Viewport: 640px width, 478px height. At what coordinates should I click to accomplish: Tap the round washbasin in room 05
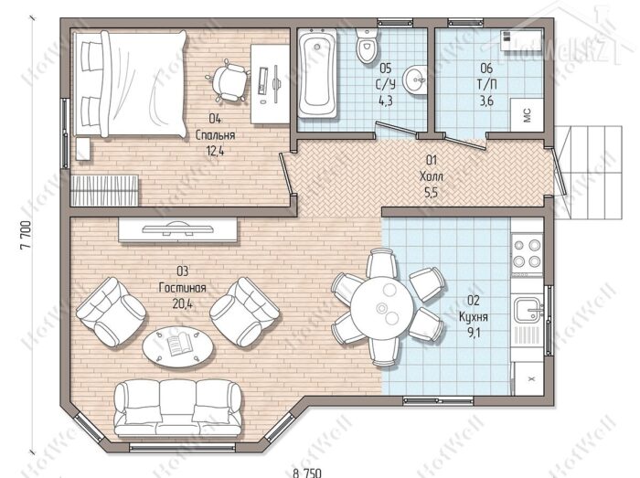pos(415,80)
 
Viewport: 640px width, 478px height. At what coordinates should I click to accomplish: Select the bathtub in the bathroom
pos(318,74)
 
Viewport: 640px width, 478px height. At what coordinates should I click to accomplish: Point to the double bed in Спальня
pos(130,83)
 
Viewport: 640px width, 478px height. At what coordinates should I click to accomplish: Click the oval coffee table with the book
pos(177,347)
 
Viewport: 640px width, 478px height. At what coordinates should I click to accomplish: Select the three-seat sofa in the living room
pos(177,408)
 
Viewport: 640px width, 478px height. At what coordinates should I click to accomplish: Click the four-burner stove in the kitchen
pos(527,253)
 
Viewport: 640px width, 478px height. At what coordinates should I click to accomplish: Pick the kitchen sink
pos(528,309)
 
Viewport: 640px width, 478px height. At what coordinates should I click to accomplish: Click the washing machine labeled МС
pos(527,115)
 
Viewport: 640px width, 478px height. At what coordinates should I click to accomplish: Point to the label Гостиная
pos(183,288)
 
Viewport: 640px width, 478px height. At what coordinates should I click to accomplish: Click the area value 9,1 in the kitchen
pos(474,334)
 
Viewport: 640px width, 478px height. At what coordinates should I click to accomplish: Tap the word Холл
pos(431,176)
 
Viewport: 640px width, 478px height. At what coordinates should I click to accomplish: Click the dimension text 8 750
pos(307,473)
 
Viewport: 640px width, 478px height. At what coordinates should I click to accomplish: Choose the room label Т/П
pos(487,84)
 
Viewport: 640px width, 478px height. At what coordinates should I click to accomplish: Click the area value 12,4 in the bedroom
pos(216,151)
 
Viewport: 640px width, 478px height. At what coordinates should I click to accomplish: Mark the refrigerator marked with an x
pos(528,379)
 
